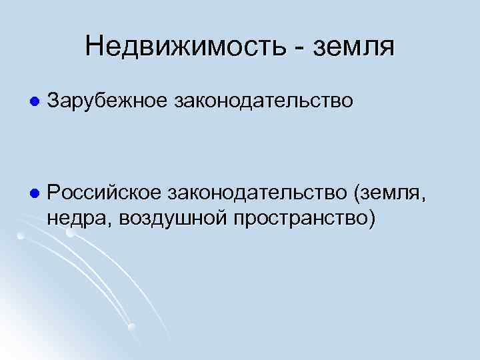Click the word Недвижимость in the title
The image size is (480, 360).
179,46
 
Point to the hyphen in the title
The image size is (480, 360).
287,49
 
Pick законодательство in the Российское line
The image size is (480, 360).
257,193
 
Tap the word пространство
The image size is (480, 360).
299,219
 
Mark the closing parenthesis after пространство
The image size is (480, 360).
371,219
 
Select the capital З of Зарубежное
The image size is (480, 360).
54,102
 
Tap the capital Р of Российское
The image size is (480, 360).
53,193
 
